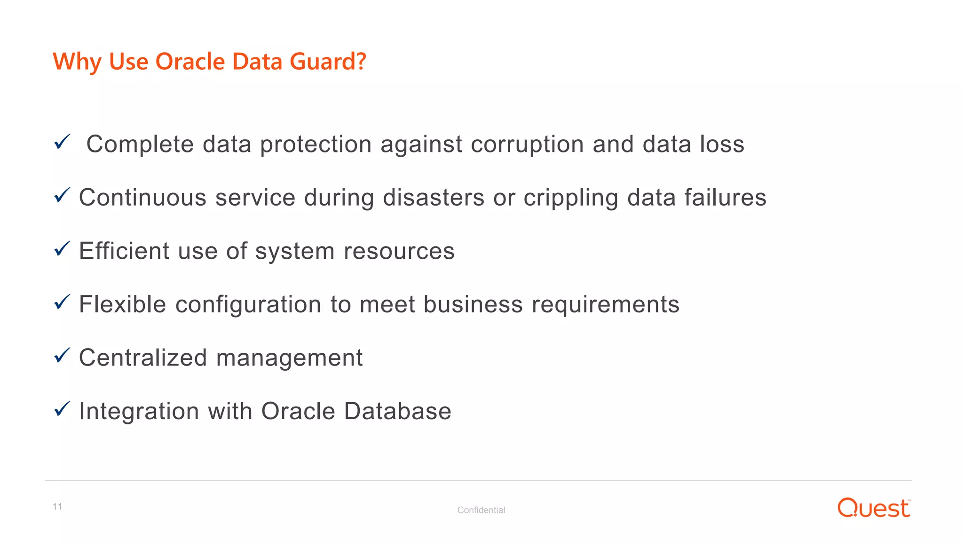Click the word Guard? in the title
coord(328,62)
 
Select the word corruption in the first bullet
coord(527,144)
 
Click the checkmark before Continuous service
coord(62,195)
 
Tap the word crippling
coord(571,198)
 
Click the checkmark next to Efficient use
coord(62,248)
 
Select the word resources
coord(399,251)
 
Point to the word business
coord(473,304)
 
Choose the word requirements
coord(606,305)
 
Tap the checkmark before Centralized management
coord(62,355)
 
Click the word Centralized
coord(143,358)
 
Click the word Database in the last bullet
coord(398,411)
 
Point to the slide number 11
coord(57,506)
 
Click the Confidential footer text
coord(481,510)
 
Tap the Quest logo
coord(874,508)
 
